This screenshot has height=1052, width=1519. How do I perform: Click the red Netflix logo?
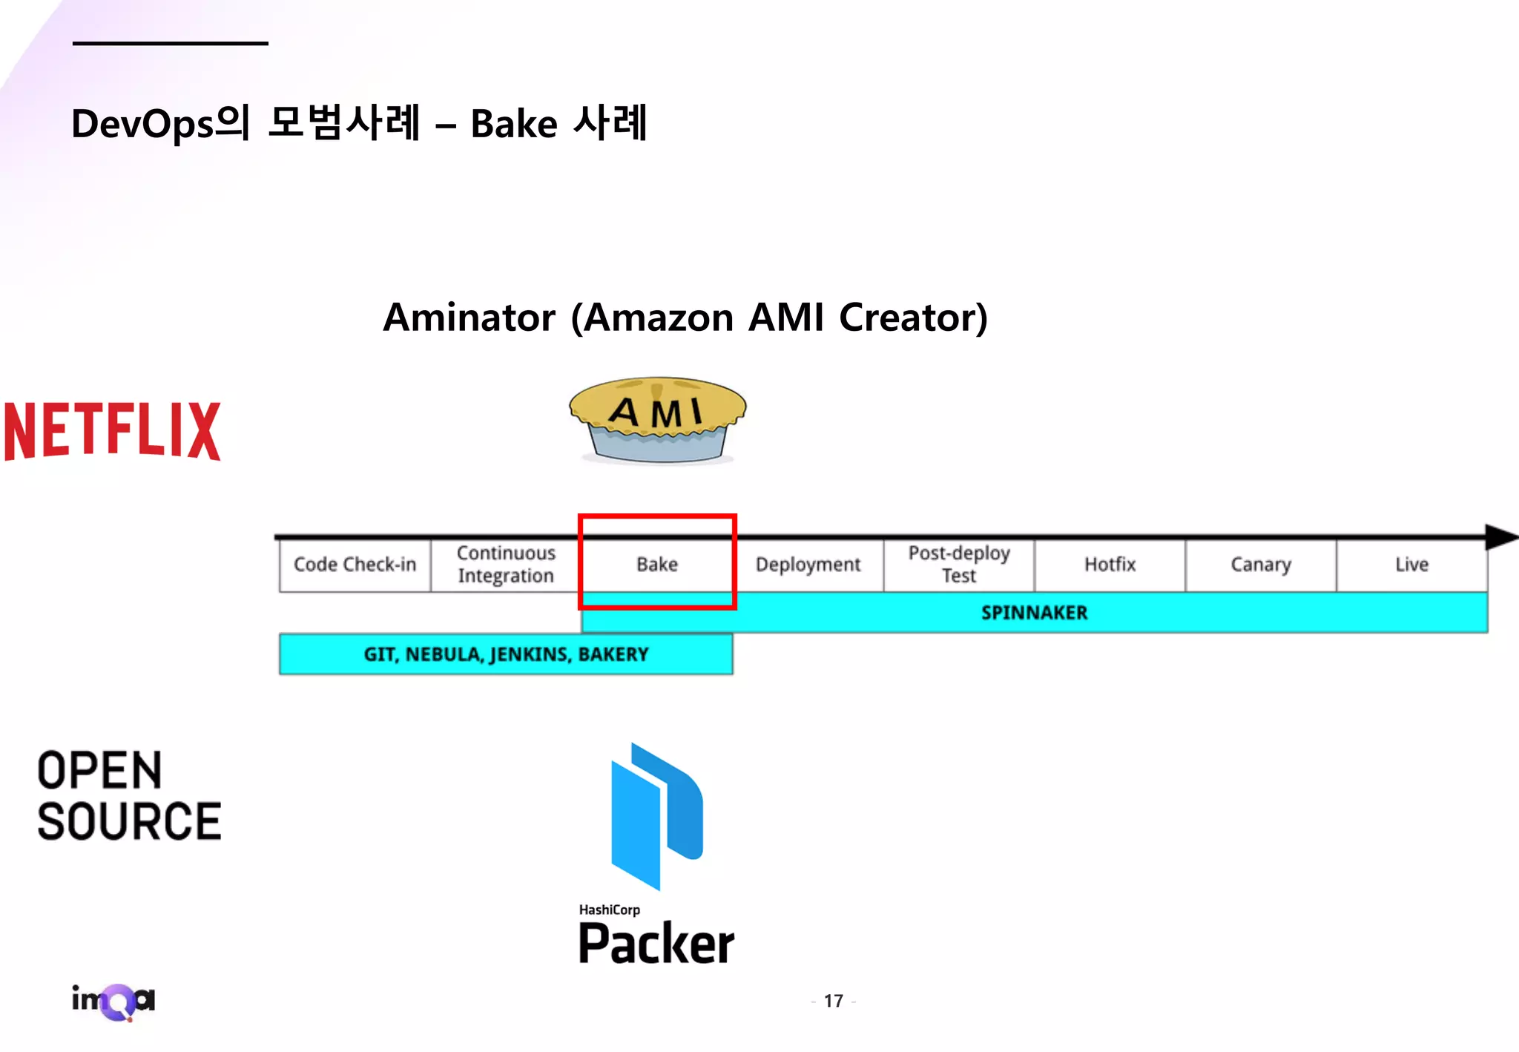[x=113, y=431]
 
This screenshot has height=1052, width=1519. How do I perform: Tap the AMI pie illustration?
[x=657, y=420]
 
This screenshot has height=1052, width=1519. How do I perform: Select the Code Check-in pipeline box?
[x=355, y=565]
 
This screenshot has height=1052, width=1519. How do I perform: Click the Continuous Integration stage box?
[x=506, y=565]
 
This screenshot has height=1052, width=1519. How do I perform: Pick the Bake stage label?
[x=657, y=565]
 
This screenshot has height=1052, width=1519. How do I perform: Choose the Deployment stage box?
[x=808, y=565]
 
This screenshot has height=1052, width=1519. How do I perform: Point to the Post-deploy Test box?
[x=959, y=565]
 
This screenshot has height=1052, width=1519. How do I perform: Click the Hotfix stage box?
[x=1110, y=565]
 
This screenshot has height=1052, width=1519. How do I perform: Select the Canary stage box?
[x=1261, y=565]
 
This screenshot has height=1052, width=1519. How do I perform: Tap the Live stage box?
[x=1411, y=565]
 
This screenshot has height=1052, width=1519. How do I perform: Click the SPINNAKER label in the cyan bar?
[x=1034, y=613]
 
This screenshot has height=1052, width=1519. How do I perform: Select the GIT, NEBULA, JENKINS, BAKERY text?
[x=506, y=654]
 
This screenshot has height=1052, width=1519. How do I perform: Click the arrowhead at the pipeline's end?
[x=1500, y=536]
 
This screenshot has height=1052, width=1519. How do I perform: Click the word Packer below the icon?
[x=656, y=944]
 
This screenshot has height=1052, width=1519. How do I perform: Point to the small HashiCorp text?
[x=609, y=910]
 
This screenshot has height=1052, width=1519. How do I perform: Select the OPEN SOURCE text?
[x=129, y=796]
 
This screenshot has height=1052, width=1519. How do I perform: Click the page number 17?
[x=834, y=1002]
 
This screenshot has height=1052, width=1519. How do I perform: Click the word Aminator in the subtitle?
[x=469, y=318]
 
